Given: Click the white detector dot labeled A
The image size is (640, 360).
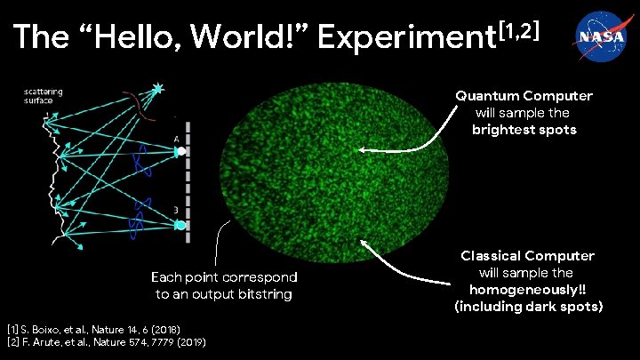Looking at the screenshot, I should click(180, 151).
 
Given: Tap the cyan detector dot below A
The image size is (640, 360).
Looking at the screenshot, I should click(180, 226).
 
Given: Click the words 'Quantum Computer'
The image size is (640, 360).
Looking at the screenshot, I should click(524, 96).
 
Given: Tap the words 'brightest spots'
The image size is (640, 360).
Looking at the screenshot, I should click(524, 130).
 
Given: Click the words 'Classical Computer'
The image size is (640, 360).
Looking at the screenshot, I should click(527, 256).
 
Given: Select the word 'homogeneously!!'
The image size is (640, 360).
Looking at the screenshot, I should click(527, 290).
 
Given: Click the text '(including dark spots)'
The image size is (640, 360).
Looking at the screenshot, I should click(527, 307).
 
